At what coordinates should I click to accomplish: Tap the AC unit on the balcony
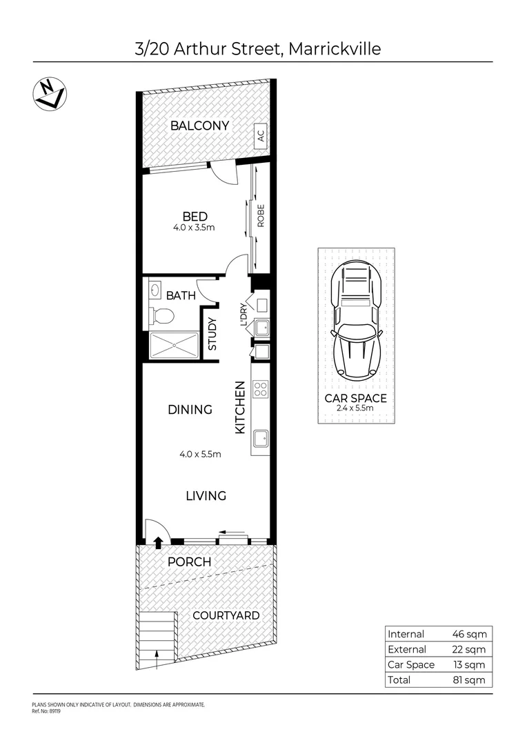click(x=261, y=136)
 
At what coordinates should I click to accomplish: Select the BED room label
click(x=195, y=217)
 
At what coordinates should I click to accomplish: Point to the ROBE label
click(x=261, y=218)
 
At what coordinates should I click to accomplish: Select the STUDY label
click(x=212, y=333)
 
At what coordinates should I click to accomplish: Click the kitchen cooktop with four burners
click(x=261, y=388)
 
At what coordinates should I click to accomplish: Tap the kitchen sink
click(x=261, y=438)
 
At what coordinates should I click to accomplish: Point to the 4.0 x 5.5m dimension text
click(x=200, y=454)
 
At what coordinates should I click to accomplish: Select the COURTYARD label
click(x=226, y=615)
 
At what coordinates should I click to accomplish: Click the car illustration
click(x=357, y=321)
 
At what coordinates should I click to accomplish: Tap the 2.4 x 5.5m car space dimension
click(x=356, y=408)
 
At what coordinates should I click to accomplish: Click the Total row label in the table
click(x=399, y=679)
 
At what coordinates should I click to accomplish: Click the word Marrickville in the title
click(x=334, y=49)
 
